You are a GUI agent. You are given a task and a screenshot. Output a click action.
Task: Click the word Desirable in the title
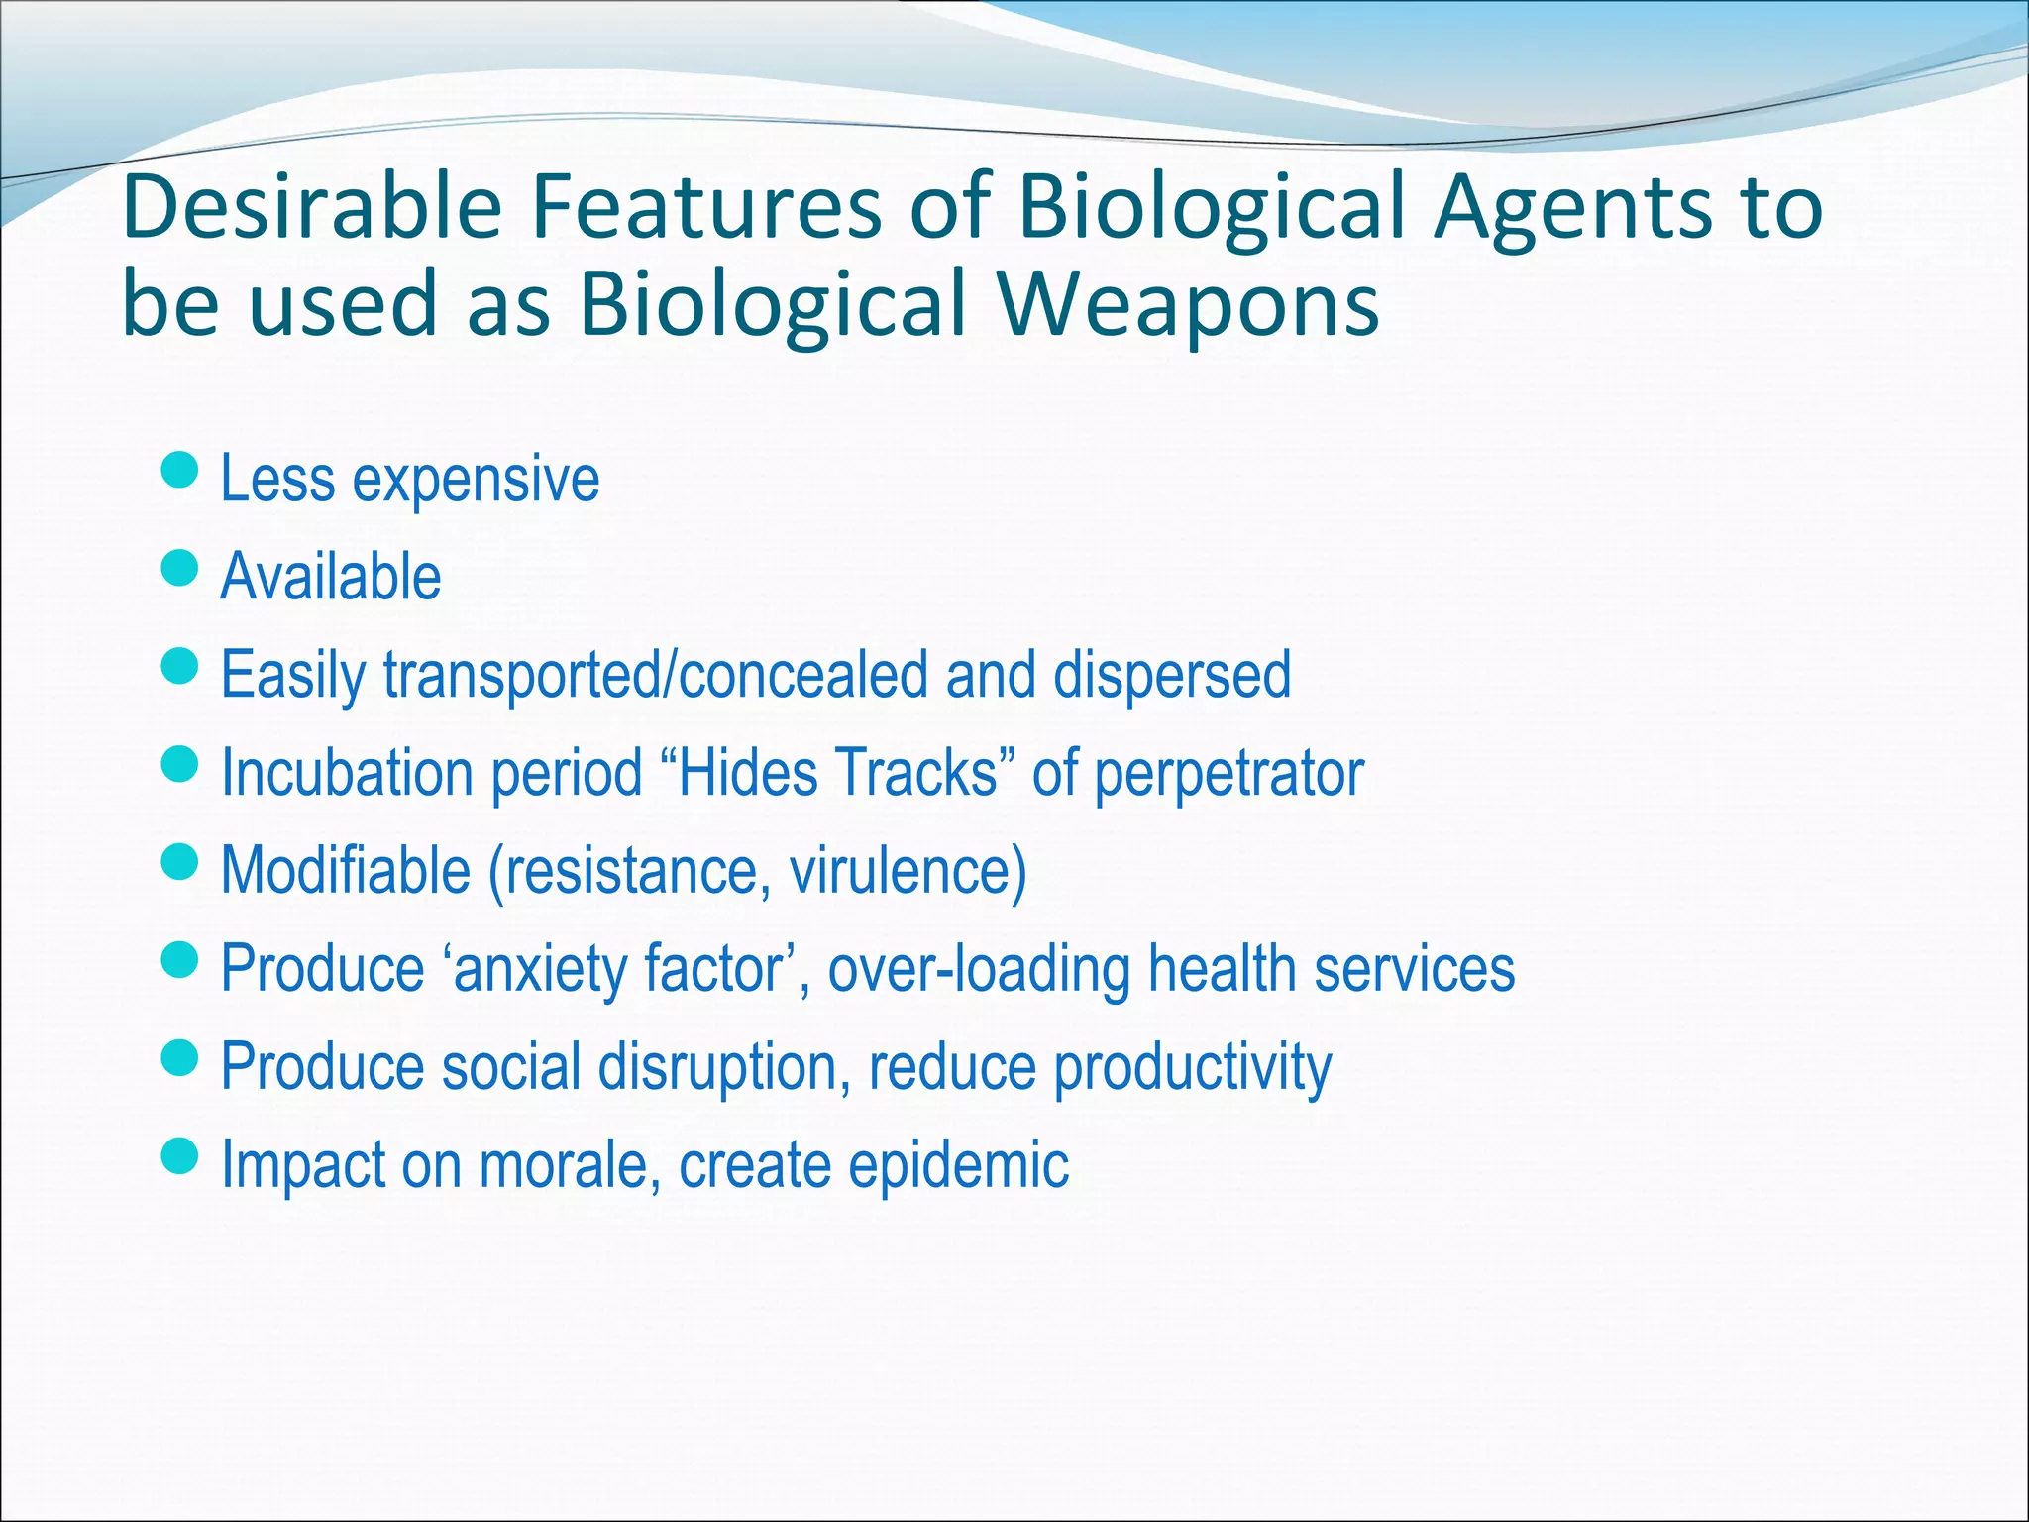point(311,207)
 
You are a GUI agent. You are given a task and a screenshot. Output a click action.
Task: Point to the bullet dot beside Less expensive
point(179,471)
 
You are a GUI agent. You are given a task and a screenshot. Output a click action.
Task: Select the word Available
point(331,577)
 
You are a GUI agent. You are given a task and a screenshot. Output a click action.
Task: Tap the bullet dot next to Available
point(179,569)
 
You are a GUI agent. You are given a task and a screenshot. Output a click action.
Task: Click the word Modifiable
point(346,870)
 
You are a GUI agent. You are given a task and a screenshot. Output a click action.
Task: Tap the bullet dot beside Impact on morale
point(179,1155)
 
